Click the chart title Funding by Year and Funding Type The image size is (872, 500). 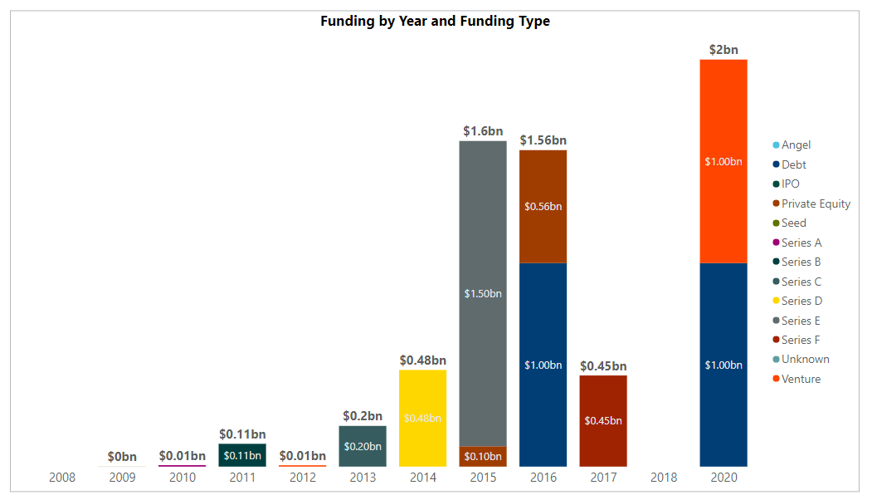pos(435,22)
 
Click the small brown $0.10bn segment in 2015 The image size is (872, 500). pos(482,456)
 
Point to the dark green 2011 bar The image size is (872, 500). pos(242,455)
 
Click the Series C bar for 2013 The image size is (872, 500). pos(363,446)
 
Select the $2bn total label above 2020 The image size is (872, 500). pos(723,50)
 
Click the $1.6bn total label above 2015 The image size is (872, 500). pos(482,131)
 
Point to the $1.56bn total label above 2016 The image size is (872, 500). pos(543,140)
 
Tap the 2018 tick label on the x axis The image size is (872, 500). pos(663,478)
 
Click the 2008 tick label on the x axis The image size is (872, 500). pos(62,478)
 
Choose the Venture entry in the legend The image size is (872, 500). pos(800,379)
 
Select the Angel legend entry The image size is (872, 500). pos(795,145)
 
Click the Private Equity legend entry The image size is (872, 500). pos(815,203)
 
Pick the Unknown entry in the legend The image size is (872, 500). pos(804,360)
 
